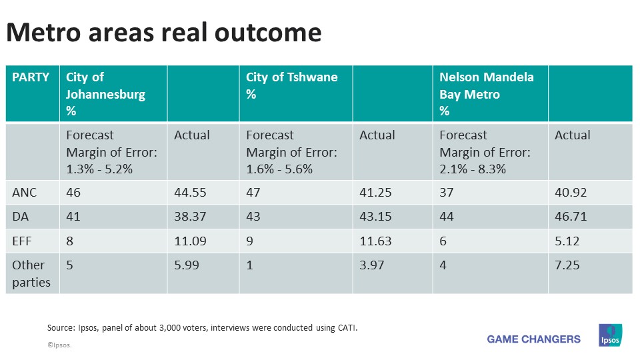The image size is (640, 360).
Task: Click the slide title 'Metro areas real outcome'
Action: (x=164, y=33)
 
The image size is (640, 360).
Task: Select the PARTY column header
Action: (x=31, y=77)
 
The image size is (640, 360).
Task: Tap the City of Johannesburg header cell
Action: (x=105, y=94)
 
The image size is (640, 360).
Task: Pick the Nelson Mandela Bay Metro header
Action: (x=486, y=94)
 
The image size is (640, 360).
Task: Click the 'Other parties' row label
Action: (x=31, y=273)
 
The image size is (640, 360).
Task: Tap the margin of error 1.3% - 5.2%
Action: (x=99, y=169)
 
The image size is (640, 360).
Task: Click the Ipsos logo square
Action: (x=610, y=335)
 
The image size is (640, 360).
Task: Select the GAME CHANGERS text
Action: (x=533, y=339)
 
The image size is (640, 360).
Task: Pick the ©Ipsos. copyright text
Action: (x=59, y=345)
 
